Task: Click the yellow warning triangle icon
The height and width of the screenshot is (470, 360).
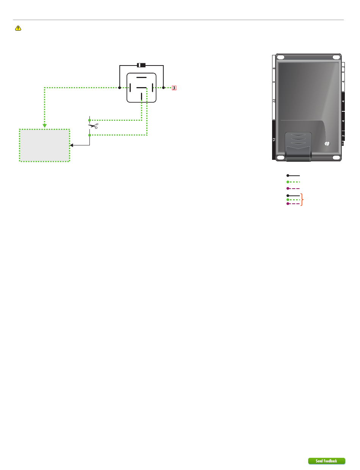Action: (18, 28)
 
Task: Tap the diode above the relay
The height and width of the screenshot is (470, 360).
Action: (141, 65)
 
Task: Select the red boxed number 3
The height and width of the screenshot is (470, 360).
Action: (174, 88)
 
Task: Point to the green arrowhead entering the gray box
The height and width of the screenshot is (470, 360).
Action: (45, 126)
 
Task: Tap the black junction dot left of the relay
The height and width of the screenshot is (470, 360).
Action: (120, 88)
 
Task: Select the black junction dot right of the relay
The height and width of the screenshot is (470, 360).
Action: (163, 88)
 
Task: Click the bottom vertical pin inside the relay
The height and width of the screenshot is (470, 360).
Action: (141, 96)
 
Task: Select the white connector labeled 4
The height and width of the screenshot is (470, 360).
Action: (343, 81)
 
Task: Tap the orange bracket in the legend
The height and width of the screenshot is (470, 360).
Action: (302, 199)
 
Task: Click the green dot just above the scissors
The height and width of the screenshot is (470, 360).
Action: (90, 120)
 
